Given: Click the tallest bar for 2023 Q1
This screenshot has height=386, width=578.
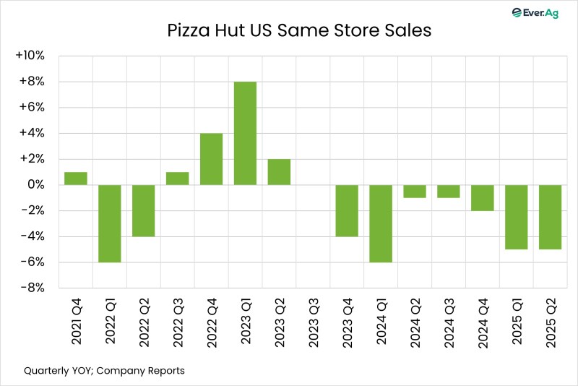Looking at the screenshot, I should pyautogui.click(x=245, y=134).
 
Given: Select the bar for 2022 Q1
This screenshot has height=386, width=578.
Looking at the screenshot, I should pyautogui.click(x=109, y=223).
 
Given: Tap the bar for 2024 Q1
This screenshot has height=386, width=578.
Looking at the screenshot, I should pyautogui.click(x=381, y=223).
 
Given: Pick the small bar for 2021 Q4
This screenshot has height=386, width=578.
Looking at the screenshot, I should pyautogui.click(x=76, y=179).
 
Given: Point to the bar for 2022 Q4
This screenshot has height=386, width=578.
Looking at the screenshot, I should pyautogui.click(x=211, y=159).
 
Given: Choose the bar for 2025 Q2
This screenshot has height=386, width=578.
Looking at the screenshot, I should pyautogui.click(x=550, y=217).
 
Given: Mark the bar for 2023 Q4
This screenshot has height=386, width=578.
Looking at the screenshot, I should pyautogui.click(x=347, y=210).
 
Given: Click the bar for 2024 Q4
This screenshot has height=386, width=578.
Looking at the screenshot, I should pyautogui.click(x=482, y=197).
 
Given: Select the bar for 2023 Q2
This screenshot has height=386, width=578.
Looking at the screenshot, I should pyautogui.click(x=279, y=172).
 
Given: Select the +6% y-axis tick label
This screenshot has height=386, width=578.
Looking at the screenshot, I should pyautogui.click(x=33, y=108).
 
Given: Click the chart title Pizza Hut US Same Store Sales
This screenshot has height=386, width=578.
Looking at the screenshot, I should pyautogui.click(x=288, y=32).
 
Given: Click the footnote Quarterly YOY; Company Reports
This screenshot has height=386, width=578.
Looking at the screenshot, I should pyautogui.click(x=104, y=371).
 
